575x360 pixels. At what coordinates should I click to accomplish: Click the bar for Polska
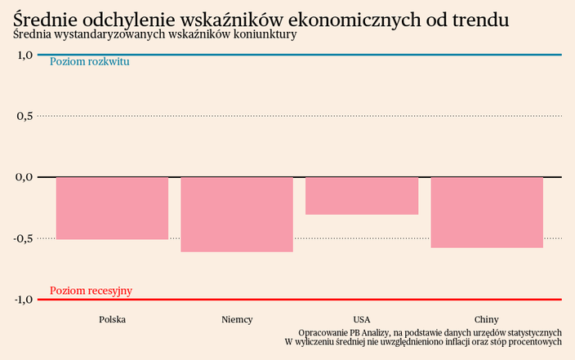coord(112,208)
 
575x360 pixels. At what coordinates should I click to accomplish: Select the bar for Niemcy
coord(237,214)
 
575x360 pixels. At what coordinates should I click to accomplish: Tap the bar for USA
coord(362,196)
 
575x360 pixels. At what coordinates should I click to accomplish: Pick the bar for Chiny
coord(487,212)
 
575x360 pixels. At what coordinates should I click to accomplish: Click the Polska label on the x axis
coord(112,319)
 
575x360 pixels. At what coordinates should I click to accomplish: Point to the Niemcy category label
coord(237,319)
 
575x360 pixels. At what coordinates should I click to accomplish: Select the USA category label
coord(362,319)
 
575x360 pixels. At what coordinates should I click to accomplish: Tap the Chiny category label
coord(487,319)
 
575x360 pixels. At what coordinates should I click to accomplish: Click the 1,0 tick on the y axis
coord(24,55)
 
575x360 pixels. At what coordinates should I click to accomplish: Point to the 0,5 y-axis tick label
coord(24,116)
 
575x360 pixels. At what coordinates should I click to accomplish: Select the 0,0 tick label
coord(24,176)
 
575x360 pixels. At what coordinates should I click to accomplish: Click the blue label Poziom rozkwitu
coord(90,62)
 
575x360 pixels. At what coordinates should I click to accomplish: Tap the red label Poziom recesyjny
coord(91,291)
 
